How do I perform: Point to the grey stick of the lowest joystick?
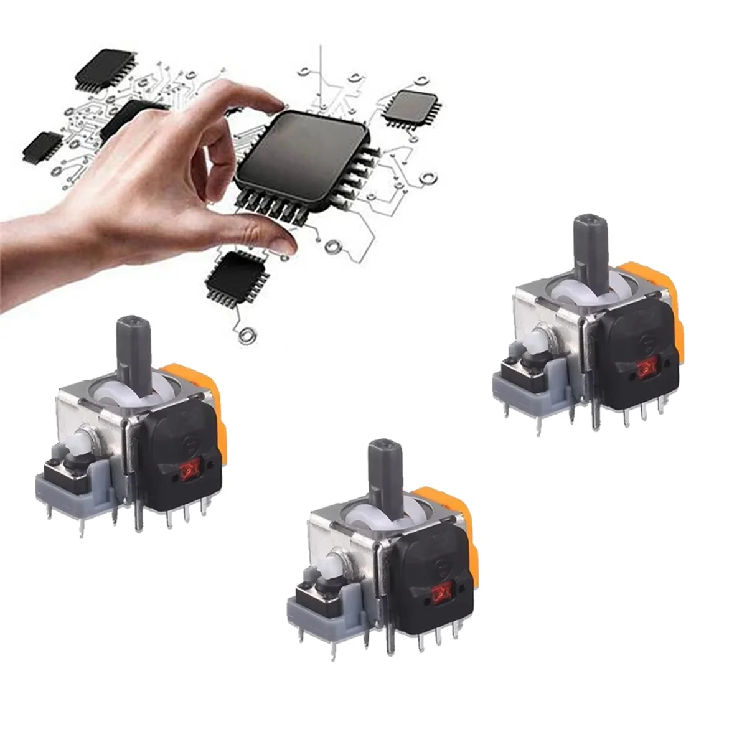[x=384, y=473]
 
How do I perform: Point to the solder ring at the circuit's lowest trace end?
[x=247, y=336]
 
